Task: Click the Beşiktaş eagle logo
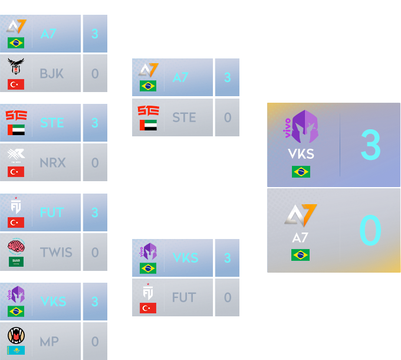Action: tap(16, 66)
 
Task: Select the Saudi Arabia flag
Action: tap(16, 261)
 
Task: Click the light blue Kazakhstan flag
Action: tap(16, 351)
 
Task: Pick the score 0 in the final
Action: tap(370, 231)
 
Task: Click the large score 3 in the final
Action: tap(370, 145)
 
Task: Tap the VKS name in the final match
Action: tap(301, 154)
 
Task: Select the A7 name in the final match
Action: tap(301, 238)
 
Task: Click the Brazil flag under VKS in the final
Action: tap(301, 172)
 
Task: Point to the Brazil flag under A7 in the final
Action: tap(301, 255)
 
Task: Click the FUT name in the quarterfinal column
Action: tap(52, 212)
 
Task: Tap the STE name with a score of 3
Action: tap(52, 123)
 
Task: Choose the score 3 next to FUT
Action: tap(95, 212)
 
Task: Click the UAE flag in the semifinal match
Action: tap(148, 125)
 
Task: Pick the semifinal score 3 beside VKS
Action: tap(227, 258)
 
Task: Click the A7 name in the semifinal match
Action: tap(181, 77)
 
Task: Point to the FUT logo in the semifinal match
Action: tap(148, 291)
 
